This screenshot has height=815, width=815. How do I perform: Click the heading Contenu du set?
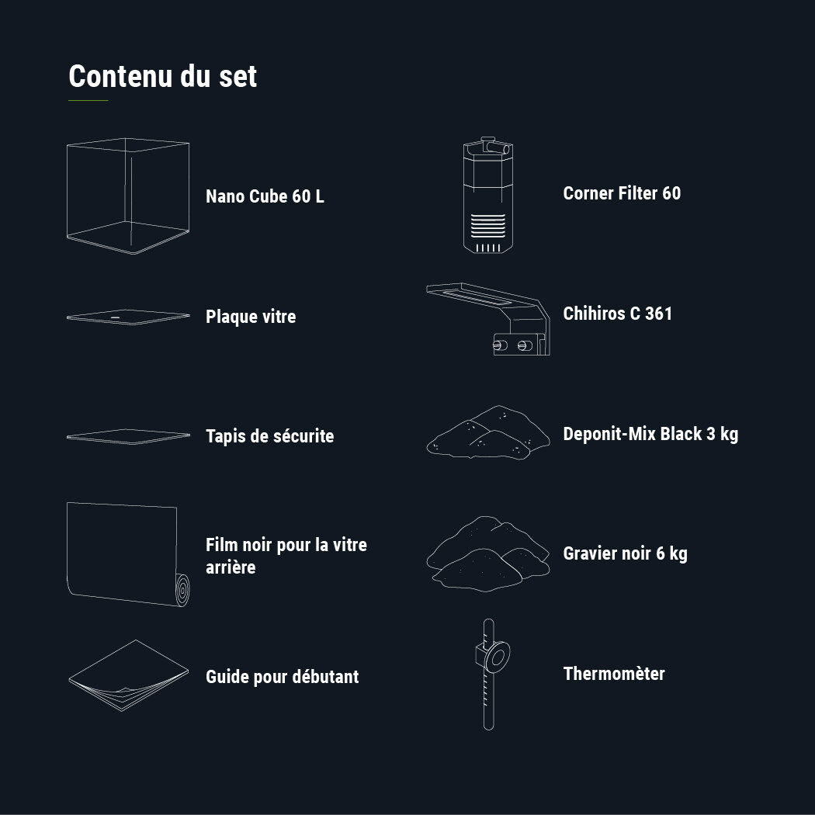pos(163,76)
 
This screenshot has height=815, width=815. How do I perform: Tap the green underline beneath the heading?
pos(88,100)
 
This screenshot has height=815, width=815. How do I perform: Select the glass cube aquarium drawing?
pos(128,196)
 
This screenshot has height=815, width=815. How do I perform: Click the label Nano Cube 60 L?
pos(265,196)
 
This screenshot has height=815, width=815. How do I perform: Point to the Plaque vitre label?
pos(251,317)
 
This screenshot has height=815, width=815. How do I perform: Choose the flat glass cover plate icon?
pos(128,317)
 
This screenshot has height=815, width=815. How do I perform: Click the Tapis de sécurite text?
pos(270,436)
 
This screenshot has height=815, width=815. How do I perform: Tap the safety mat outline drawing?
pos(128,436)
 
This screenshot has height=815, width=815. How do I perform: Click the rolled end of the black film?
pos(182,590)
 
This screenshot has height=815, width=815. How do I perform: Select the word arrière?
pos(231,567)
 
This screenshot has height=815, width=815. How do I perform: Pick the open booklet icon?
pos(128,675)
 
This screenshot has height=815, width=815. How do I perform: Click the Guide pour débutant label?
pos(283,677)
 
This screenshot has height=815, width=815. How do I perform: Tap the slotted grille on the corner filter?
pos(488,225)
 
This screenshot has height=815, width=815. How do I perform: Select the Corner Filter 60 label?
pos(623,193)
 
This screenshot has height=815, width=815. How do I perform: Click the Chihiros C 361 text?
pos(618,314)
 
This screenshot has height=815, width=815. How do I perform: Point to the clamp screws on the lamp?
pos(513,345)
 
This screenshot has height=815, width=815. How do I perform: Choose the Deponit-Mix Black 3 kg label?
pos(650,434)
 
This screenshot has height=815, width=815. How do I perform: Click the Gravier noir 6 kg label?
pos(626,553)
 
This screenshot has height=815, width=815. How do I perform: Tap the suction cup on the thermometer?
pos(497,657)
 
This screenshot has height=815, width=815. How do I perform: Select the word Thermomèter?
pos(615,674)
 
